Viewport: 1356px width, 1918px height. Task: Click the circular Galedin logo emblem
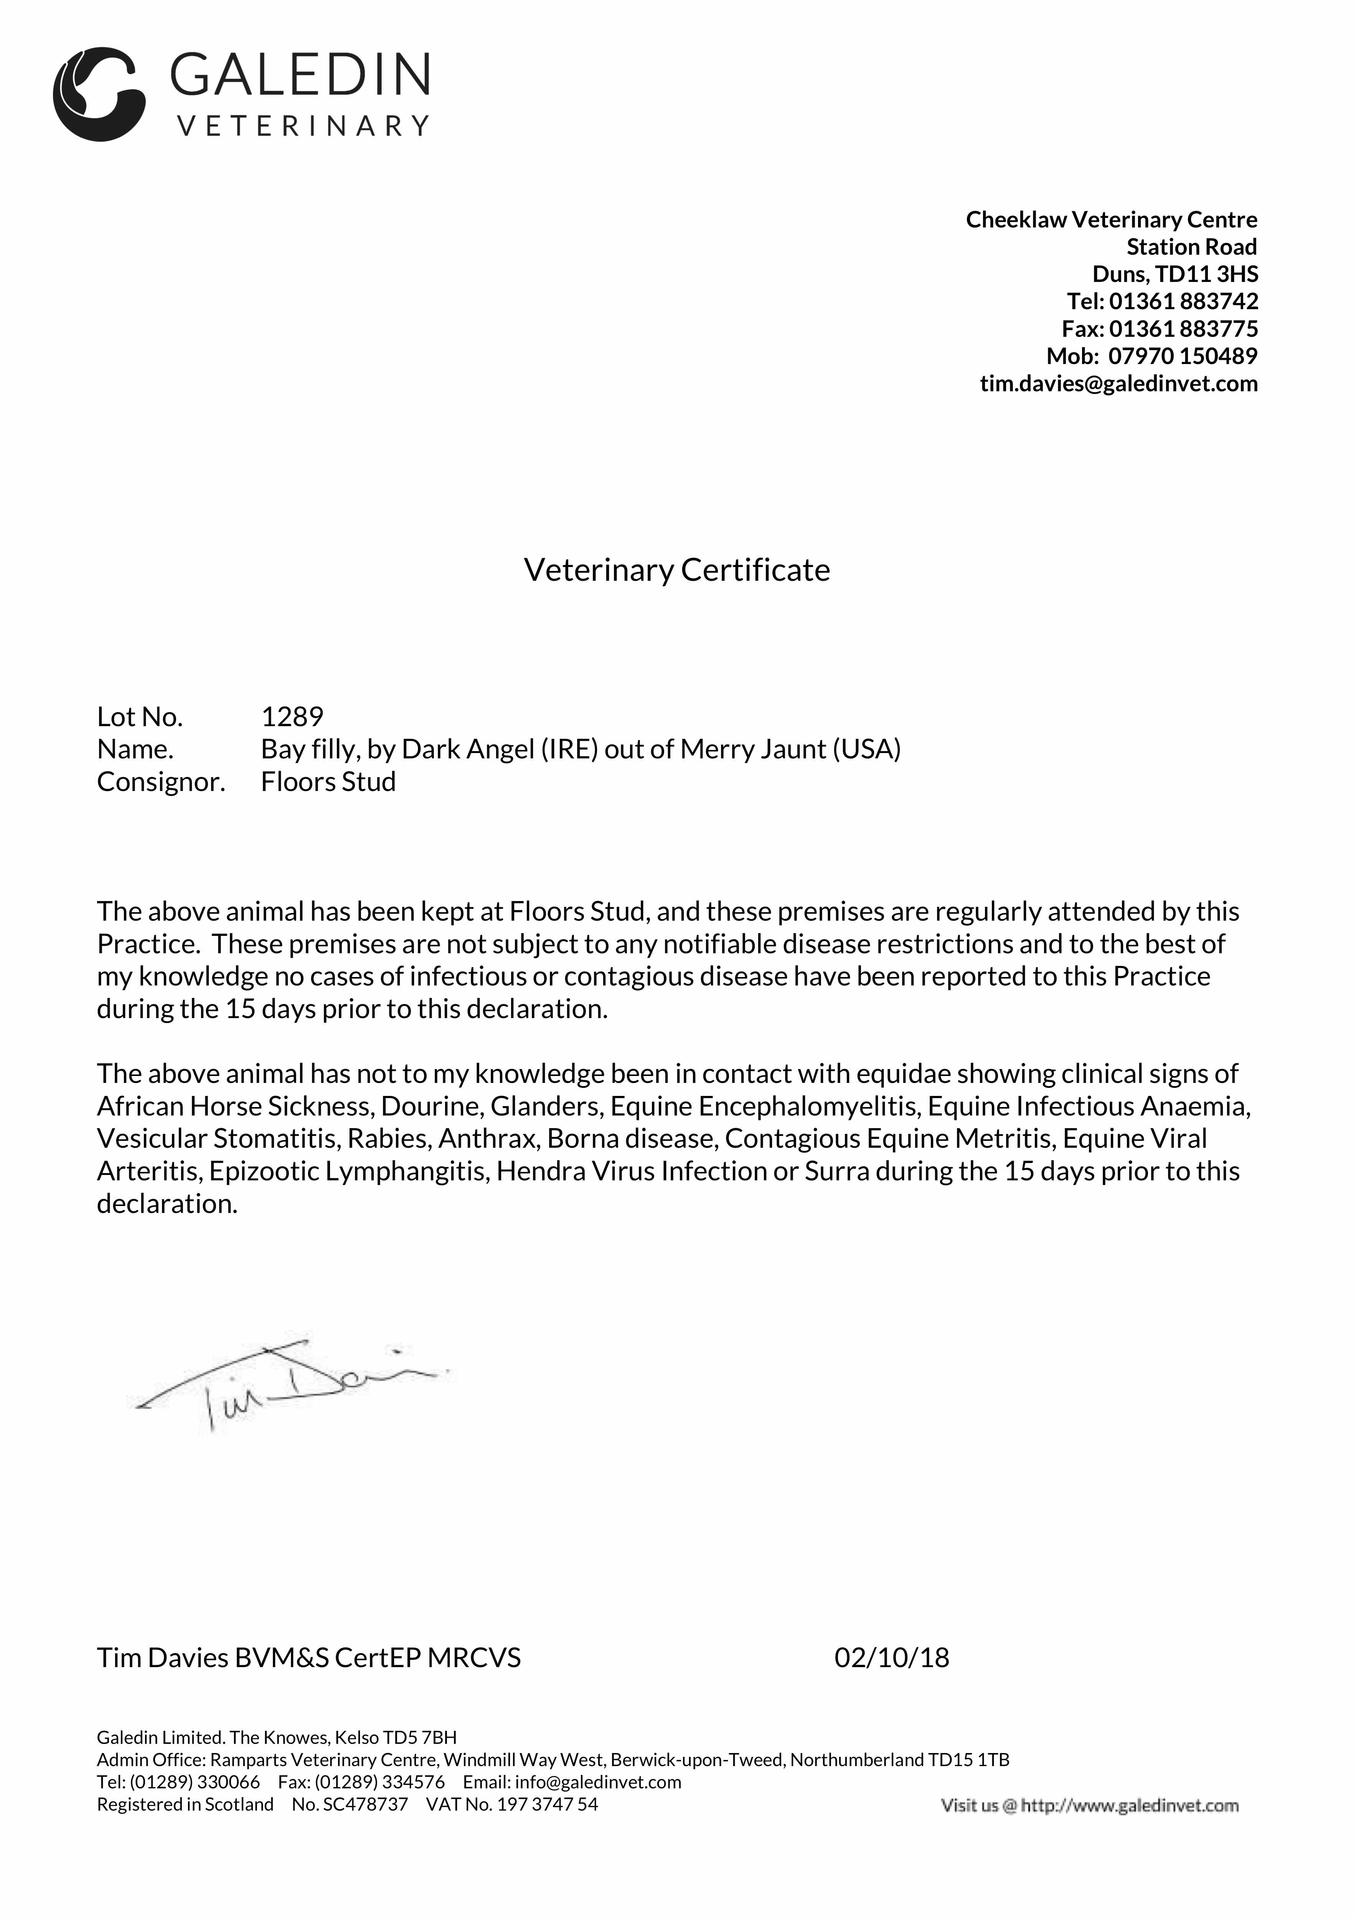(99, 94)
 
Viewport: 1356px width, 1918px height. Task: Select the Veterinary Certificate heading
(677, 570)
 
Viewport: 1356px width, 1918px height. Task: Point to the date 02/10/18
(891, 1658)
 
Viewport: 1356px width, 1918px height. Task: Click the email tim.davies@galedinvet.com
(1119, 384)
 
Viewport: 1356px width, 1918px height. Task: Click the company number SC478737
(365, 1804)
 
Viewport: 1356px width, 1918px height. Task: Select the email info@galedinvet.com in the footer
(598, 1782)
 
